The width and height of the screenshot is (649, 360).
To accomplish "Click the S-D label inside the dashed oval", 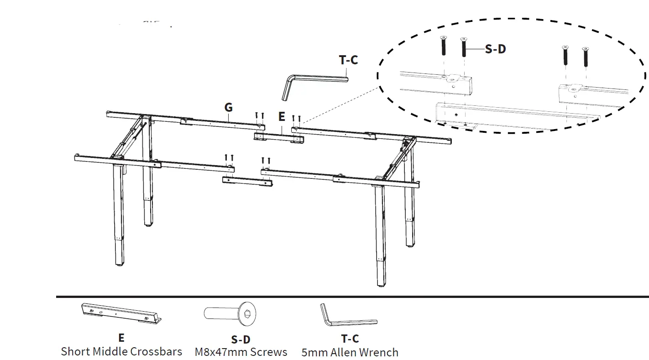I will click(x=495, y=49).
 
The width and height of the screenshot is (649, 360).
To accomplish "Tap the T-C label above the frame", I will click(x=349, y=60).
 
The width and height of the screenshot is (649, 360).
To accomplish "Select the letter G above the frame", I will click(x=229, y=107).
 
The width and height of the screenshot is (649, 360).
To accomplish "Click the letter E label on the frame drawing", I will click(x=282, y=117).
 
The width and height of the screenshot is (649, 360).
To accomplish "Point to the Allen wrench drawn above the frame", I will click(x=310, y=82).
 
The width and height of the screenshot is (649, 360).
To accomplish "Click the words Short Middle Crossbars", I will click(x=121, y=351).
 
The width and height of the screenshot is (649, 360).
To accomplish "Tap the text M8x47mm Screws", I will click(x=241, y=352).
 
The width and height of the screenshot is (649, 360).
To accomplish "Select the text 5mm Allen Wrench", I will click(x=350, y=352).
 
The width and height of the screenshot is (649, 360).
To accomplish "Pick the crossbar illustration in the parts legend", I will click(x=121, y=313).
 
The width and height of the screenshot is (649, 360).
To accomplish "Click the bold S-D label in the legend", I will click(x=241, y=339).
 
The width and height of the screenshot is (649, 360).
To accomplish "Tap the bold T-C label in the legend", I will click(x=350, y=339).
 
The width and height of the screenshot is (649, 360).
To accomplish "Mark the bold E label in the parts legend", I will click(x=121, y=338).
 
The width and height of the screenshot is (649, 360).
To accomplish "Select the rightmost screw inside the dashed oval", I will click(x=585, y=56).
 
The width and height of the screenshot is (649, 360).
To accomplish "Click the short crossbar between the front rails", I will click(x=247, y=181).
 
